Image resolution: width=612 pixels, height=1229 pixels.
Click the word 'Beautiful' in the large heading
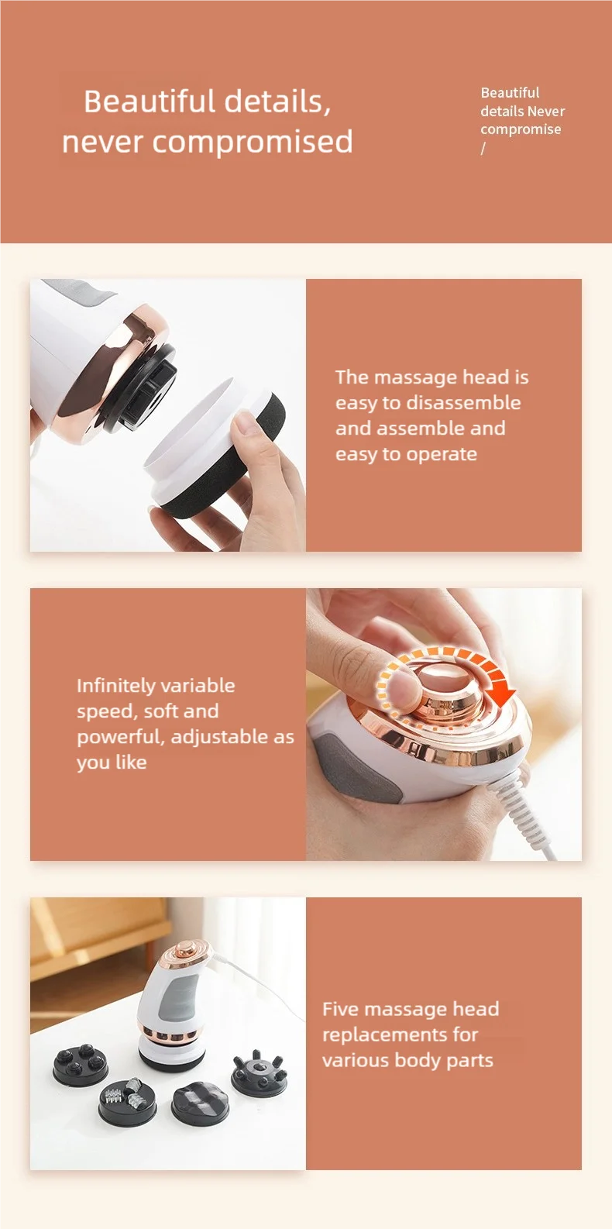tap(150, 102)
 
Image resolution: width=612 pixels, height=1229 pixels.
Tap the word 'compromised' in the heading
tap(253, 143)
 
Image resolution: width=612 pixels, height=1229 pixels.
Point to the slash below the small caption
tap(483, 148)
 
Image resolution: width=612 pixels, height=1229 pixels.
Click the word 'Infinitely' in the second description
tap(116, 685)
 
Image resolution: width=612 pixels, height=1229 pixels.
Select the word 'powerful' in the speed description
tap(121, 737)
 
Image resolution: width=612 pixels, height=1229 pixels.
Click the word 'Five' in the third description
tap(341, 1008)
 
